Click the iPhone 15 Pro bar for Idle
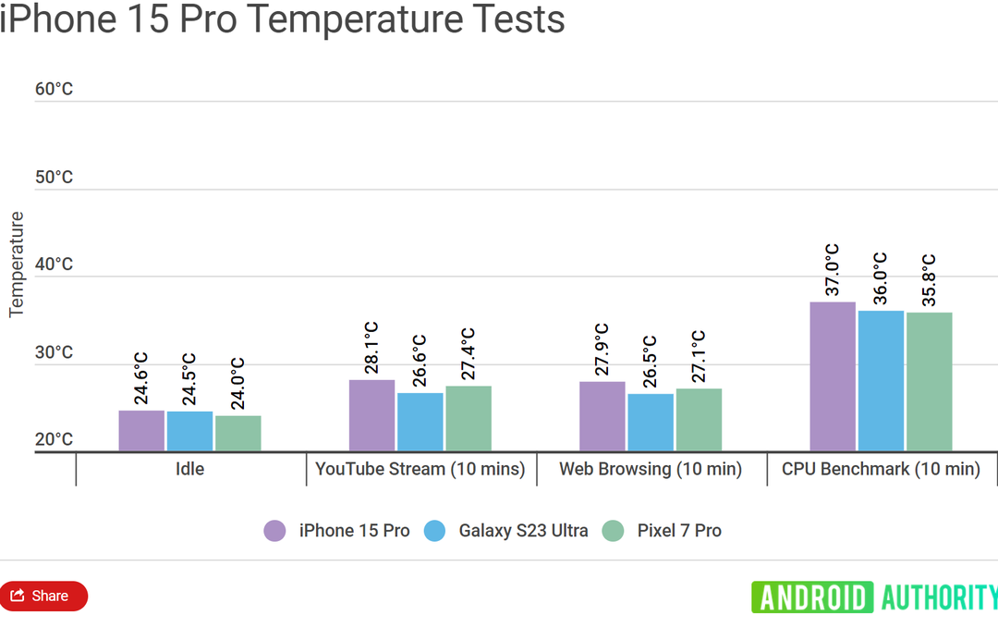coord(141,431)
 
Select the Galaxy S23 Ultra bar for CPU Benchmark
coord(881,381)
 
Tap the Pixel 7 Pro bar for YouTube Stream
coord(469,418)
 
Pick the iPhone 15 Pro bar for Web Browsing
coord(602,416)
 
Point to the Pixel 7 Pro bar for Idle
coord(238,433)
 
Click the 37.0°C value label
coord(833,270)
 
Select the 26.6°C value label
coord(420,361)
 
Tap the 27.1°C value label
coord(699,356)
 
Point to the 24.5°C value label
coord(189,378)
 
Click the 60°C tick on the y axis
coord(54,89)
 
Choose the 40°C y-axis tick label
coord(54,265)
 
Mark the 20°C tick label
coord(54,439)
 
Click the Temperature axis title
coord(16,265)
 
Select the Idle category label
coord(189,469)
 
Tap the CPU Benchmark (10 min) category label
coord(881,469)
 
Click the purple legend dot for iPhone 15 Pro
coord(274,531)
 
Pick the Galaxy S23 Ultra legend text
coord(523,531)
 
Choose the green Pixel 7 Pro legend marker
coord(614,531)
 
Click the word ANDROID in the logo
coord(812,597)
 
